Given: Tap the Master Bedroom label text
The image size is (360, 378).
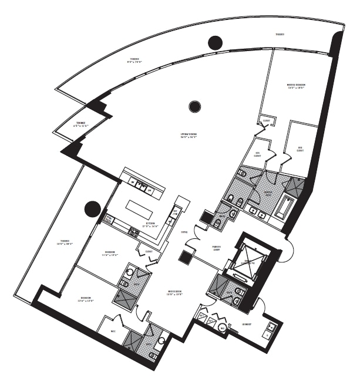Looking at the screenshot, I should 296,86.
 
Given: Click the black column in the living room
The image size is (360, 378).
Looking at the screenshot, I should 194,106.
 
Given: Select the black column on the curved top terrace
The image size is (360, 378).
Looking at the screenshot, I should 215,42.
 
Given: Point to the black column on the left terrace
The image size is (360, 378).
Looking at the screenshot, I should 92,208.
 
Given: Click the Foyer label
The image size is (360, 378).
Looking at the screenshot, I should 184,232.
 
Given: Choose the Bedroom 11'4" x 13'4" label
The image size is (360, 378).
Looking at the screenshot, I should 110,253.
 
